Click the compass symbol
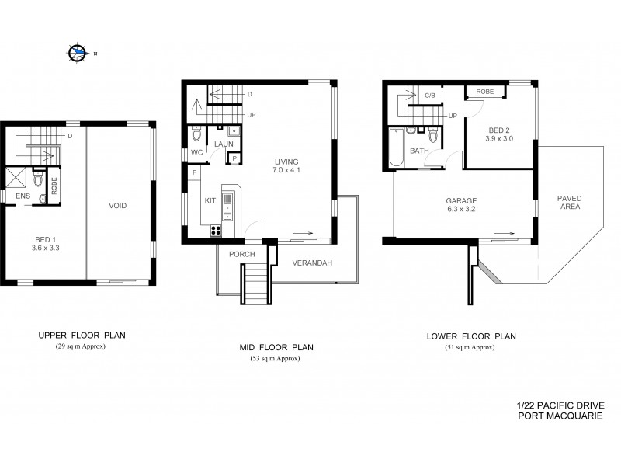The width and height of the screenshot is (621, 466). tap(77, 53)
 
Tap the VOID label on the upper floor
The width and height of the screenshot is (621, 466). tap(118, 206)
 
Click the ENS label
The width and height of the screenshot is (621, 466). tap(23, 197)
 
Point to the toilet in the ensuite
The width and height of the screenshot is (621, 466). tap(37, 181)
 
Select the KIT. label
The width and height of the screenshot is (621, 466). tap(210, 200)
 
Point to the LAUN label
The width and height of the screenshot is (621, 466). tap(224, 144)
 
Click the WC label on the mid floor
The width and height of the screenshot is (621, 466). tap(197, 152)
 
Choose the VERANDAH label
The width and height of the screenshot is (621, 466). tap(312, 263)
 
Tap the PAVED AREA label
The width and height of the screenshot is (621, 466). tap(569, 203)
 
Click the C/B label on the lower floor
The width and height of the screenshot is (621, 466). tap(429, 96)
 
